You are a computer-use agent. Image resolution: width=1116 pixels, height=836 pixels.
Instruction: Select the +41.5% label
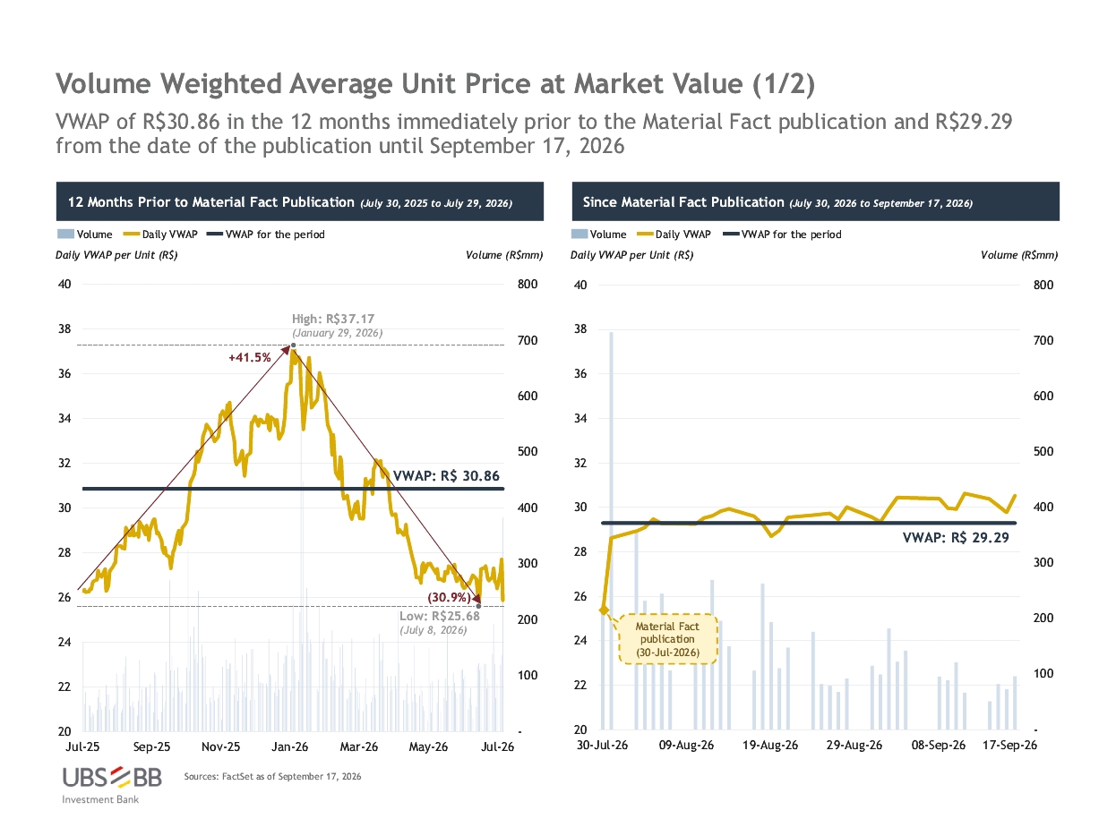(249, 357)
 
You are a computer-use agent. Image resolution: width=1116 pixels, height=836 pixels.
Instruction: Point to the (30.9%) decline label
(449, 597)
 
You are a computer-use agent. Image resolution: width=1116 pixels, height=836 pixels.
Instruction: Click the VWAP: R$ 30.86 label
(446, 475)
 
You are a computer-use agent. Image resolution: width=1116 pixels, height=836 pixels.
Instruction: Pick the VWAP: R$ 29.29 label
(955, 537)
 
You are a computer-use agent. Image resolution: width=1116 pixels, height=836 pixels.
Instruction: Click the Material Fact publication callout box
(667, 639)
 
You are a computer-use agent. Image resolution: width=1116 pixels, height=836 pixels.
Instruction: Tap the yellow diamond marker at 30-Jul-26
(604, 610)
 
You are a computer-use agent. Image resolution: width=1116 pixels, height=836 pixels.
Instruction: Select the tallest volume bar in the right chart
(611, 531)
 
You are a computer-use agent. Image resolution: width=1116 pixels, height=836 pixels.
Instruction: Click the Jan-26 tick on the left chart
(289, 746)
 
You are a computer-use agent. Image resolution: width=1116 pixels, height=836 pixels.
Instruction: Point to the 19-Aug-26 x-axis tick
(769, 745)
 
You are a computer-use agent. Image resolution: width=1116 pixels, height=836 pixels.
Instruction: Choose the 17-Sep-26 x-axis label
(1009, 745)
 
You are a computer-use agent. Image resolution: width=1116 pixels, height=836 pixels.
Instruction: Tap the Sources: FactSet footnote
(272, 776)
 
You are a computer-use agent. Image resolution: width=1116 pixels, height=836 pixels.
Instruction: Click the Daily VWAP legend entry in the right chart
(674, 235)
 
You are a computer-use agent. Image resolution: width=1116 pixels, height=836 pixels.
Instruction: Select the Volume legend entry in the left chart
(85, 235)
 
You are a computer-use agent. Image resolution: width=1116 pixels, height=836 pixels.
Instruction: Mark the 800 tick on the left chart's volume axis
(528, 284)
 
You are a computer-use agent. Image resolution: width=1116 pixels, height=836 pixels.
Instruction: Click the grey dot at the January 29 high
(293, 345)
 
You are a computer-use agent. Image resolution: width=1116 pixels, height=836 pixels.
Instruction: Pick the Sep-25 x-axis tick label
(151, 746)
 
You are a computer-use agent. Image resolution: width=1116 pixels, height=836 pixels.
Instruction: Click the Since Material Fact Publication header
(683, 202)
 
